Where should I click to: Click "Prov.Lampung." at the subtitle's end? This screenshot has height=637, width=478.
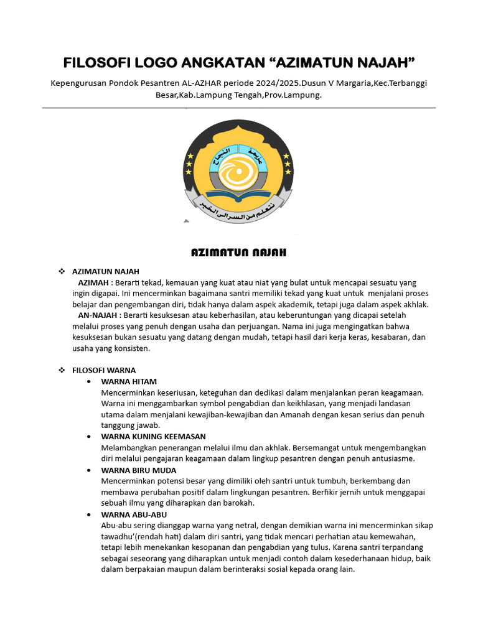click(293, 96)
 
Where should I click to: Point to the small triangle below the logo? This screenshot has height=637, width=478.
click(186, 221)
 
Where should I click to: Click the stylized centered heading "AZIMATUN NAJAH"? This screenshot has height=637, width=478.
click(238, 253)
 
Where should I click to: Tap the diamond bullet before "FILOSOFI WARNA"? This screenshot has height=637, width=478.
click(62, 370)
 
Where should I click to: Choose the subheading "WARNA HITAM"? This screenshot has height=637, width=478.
click(128, 381)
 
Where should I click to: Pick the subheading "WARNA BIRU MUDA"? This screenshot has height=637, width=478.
click(138, 470)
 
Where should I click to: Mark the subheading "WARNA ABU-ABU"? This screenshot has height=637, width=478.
click(133, 514)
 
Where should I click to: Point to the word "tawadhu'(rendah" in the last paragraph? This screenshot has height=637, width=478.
click(130, 536)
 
